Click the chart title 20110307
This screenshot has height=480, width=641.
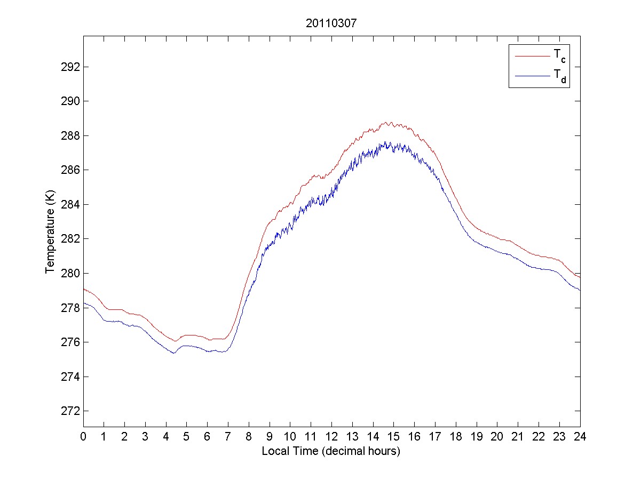331,23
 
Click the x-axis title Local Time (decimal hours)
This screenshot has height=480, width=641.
331,451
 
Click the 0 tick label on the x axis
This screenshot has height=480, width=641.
83,436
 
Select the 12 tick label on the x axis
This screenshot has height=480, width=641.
331,436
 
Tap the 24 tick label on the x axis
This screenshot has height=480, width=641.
580,436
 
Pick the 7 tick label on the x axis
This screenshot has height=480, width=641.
228,436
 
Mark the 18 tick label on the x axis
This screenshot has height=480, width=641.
456,436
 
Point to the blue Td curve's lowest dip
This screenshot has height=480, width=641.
174,353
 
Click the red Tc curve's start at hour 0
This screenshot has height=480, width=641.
84,289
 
